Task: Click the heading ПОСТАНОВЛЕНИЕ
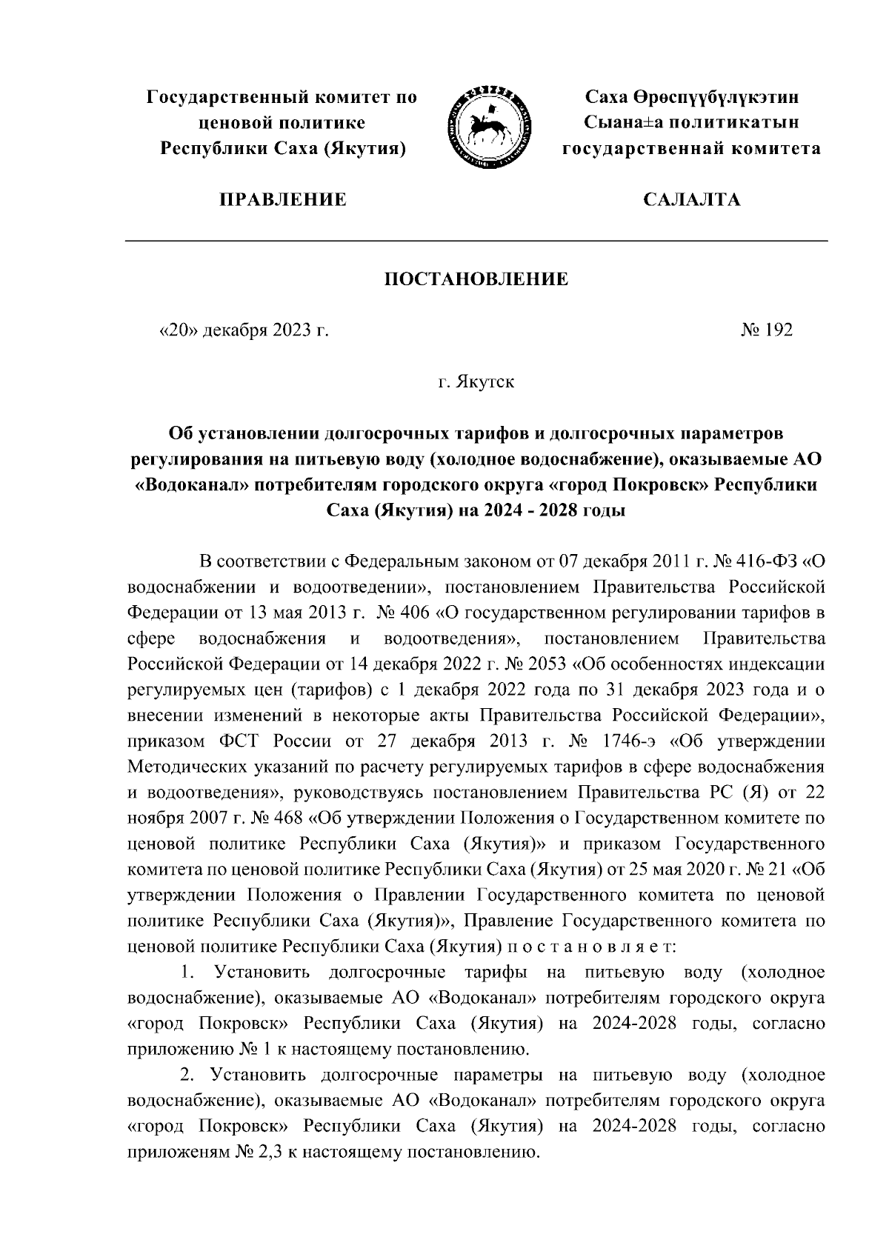pyautogui.click(x=476, y=279)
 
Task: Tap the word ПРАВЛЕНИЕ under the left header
pyautogui.click(x=282, y=199)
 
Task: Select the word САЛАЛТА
pyautogui.click(x=691, y=199)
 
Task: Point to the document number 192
pyautogui.click(x=778, y=330)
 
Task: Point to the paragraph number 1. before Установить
pyautogui.click(x=188, y=972)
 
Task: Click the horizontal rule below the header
pyautogui.click(x=476, y=241)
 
